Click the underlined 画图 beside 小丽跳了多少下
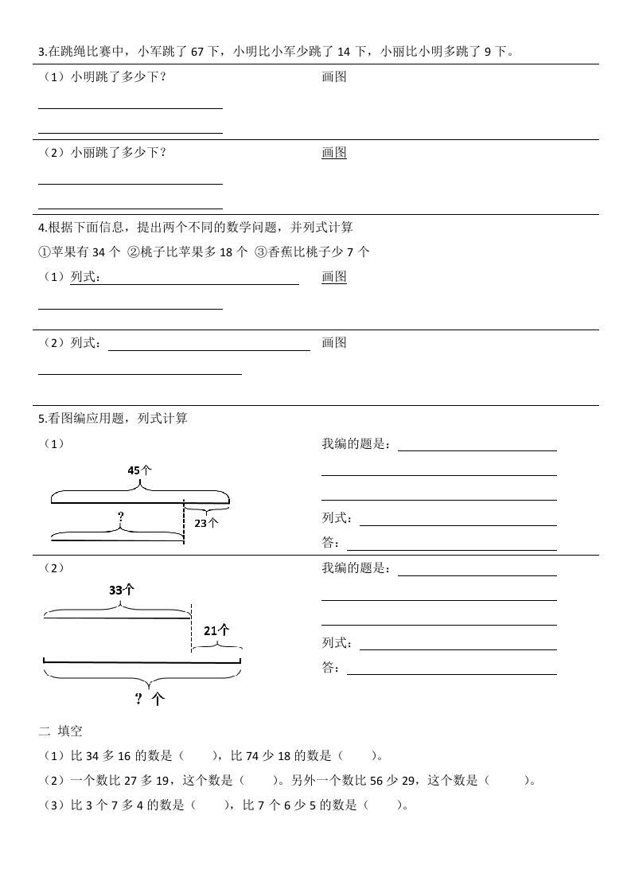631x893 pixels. (x=334, y=153)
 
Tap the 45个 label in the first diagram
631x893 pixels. (x=139, y=470)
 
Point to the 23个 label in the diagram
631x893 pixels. (x=205, y=523)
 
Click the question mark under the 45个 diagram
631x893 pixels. (x=120, y=517)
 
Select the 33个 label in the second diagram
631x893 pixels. (x=121, y=591)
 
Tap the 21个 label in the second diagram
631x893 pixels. (x=216, y=630)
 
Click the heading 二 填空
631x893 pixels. (x=60, y=731)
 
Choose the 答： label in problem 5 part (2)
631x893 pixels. (x=331, y=668)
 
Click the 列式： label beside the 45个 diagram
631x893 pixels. (x=337, y=518)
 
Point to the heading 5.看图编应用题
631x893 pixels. (x=112, y=418)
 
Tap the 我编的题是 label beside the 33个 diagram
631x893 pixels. (x=356, y=568)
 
